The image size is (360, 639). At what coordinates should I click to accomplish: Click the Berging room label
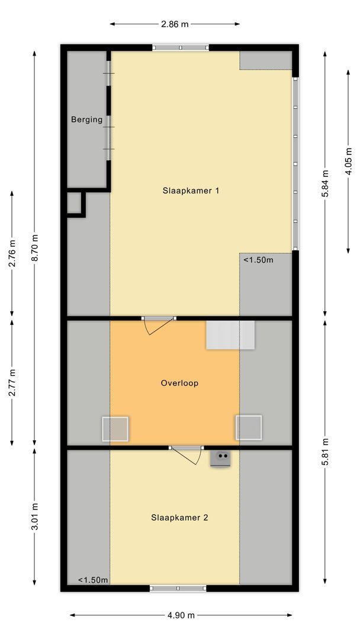(86, 120)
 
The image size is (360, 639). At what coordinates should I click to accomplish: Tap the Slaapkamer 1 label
(191, 191)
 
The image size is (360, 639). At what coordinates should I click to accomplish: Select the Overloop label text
(179, 383)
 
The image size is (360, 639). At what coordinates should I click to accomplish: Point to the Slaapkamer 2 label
(179, 517)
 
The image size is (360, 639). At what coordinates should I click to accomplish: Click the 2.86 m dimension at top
(175, 24)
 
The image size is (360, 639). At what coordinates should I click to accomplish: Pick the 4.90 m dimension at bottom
(181, 615)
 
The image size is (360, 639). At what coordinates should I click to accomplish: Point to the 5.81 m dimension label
(325, 453)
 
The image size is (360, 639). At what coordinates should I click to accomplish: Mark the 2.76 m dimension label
(12, 253)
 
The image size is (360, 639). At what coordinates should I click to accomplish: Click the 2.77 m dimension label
(12, 382)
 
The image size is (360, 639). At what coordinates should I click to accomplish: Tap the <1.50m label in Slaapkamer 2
(93, 580)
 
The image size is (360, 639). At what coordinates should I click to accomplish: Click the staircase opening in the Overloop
(230, 335)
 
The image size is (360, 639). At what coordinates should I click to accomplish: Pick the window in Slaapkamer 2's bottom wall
(178, 588)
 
